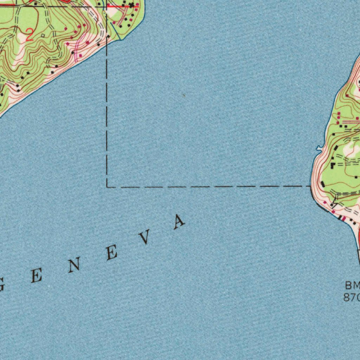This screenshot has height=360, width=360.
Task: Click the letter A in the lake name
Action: [179, 222]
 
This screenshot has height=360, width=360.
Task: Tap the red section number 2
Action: [30, 36]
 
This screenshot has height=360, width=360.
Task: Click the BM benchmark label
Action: [352, 285]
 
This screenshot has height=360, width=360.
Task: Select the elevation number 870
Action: [351, 297]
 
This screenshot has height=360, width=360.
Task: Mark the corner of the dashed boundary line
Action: [107, 187]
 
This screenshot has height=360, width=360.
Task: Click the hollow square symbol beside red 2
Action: [43, 36]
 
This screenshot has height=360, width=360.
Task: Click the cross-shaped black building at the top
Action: [131, 5]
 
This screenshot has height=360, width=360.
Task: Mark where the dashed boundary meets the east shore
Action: [311, 186]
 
